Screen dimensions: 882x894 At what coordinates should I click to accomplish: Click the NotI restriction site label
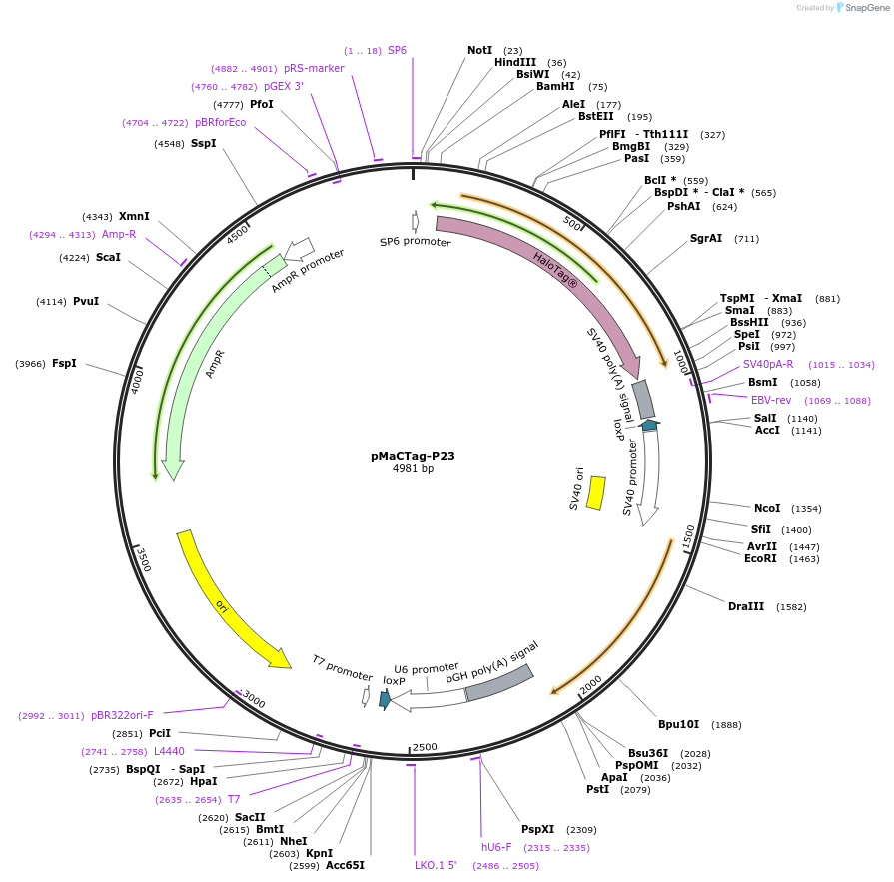point(479,50)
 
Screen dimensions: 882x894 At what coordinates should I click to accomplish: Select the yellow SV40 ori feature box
point(595,492)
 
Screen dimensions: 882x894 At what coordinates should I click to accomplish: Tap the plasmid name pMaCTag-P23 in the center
point(413,456)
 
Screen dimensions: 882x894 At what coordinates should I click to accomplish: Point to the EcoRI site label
point(760,558)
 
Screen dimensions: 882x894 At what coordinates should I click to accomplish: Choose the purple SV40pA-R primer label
point(768,364)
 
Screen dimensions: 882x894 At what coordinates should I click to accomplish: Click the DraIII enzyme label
point(746,606)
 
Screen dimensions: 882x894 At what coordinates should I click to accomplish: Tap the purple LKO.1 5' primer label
point(436,865)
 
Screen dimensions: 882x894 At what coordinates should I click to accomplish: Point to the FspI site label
point(64,363)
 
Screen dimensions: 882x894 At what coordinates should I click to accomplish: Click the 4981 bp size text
point(413,468)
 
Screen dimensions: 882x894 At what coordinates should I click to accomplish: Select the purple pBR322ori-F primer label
point(122,715)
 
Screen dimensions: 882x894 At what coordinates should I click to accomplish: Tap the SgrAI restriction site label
point(706,239)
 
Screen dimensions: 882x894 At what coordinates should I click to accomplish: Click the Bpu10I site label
point(678,724)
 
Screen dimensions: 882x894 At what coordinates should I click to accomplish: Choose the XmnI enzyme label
point(134,216)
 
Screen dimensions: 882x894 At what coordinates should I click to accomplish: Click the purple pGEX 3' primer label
point(284,86)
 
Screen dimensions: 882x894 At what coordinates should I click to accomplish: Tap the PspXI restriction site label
point(537,829)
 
